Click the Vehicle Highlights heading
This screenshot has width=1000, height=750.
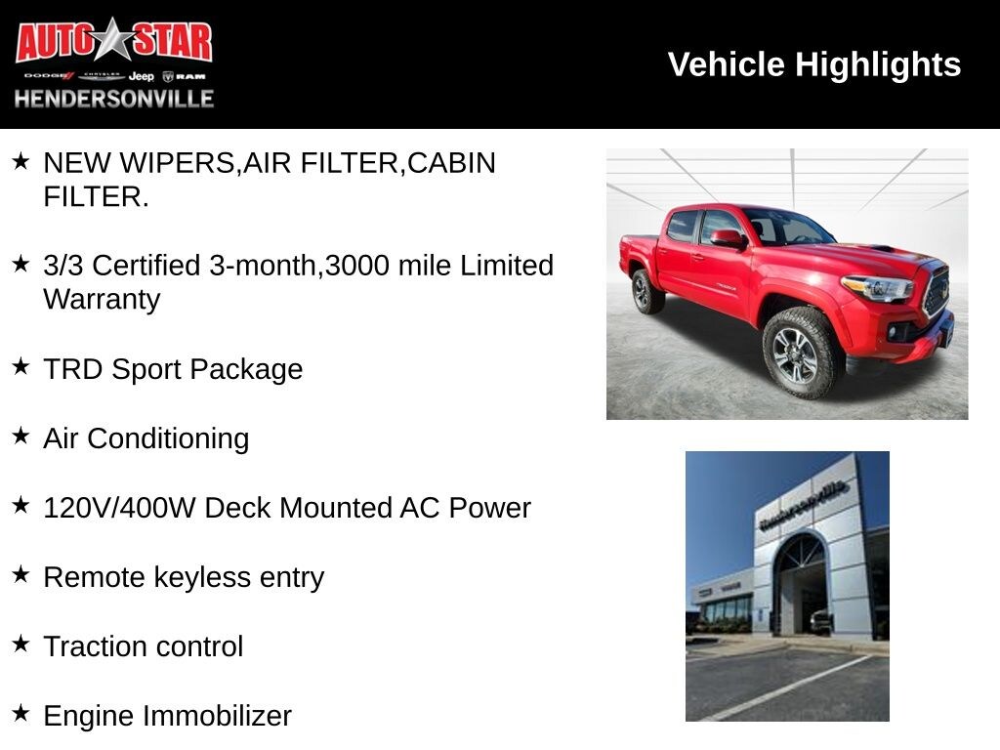(x=813, y=64)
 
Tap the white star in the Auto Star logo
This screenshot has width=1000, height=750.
(x=114, y=40)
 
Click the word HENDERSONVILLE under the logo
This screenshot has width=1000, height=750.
(x=113, y=99)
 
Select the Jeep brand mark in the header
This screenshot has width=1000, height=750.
(x=142, y=76)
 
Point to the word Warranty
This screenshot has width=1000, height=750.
(x=102, y=300)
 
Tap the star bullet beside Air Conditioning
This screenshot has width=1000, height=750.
(x=21, y=437)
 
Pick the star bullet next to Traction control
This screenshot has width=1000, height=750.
(x=21, y=645)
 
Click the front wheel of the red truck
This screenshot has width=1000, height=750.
(x=797, y=355)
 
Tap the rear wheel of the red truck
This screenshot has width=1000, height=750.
(x=646, y=291)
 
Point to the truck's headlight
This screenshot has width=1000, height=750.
(x=876, y=288)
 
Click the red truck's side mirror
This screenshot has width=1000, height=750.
(x=727, y=238)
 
